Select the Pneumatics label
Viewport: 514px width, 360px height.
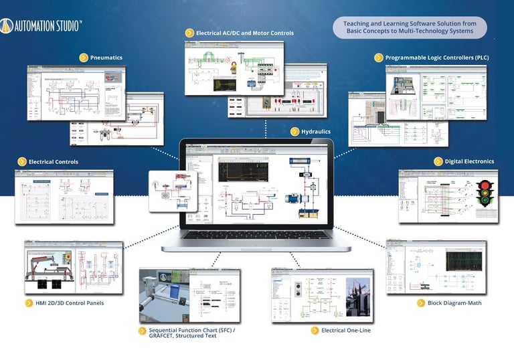click(106, 58)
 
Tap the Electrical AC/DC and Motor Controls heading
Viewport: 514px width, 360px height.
click(244, 32)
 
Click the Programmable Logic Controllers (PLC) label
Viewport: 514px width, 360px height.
click(436, 58)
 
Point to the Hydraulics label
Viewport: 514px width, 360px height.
click(315, 131)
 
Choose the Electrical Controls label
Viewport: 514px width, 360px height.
click(53, 161)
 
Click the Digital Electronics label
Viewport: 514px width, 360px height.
click(469, 161)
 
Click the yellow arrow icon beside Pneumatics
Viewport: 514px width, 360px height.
click(84, 58)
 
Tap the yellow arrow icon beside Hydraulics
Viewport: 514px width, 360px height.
click(295, 131)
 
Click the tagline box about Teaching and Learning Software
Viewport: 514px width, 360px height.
click(409, 27)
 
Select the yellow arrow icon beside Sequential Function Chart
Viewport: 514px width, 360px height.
click(142, 331)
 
